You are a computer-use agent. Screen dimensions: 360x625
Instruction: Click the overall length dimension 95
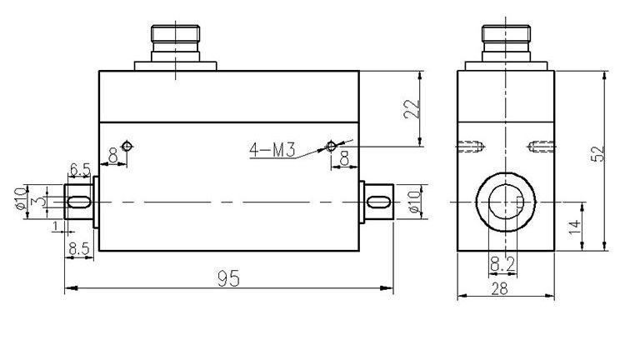[x=228, y=278]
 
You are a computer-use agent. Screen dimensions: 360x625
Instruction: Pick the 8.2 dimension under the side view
[x=503, y=264]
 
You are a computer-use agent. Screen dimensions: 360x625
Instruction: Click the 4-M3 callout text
[x=272, y=151]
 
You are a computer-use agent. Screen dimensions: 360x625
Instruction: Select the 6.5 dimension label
[x=80, y=170]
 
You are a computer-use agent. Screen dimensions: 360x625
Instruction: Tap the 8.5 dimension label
[x=80, y=247]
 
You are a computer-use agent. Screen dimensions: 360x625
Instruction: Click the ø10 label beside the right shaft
[x=414, y=202]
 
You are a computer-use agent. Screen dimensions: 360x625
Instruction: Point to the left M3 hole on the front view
[x=126, y=147]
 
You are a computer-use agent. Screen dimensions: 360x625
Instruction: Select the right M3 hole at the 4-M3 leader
[x=331, y=147]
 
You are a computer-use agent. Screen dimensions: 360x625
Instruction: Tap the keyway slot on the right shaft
[x=378, y=202]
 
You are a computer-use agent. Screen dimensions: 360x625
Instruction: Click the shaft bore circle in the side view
[x=504, y=202]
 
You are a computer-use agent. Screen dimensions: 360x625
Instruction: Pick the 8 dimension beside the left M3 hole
[x=113, y=154]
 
